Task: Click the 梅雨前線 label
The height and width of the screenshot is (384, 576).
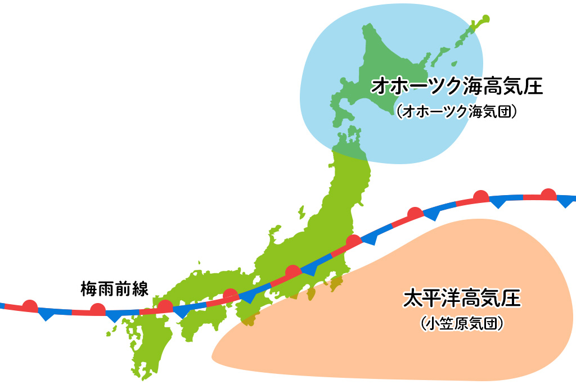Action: [114, 290]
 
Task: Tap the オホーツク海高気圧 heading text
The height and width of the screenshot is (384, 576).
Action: [456, 88]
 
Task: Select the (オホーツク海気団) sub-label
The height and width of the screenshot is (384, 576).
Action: [456, 111]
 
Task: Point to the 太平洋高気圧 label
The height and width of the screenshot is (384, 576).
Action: [462, 299]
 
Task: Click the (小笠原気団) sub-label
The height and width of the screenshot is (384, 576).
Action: [461, 324]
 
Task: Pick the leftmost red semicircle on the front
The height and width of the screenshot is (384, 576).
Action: [30, 305]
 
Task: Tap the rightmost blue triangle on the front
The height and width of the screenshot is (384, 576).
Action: [565, 202]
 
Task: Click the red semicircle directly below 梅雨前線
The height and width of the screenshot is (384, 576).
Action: [98, 308]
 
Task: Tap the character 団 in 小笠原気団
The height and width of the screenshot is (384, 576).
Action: [490, 324]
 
